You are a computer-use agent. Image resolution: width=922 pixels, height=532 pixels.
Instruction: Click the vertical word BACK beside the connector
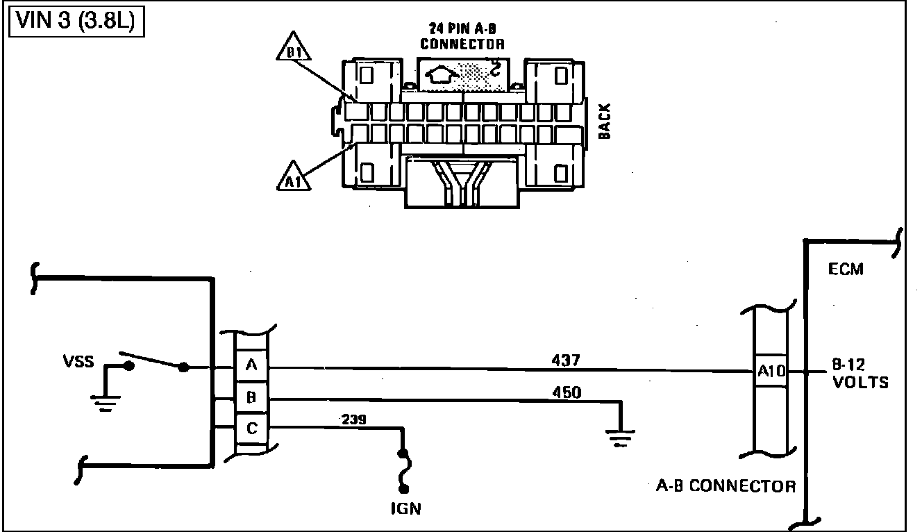pos(605,121)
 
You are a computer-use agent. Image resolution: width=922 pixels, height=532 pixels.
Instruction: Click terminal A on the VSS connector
pos(251,366)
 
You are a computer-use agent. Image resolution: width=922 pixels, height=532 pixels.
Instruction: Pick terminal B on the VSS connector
pos(251,398)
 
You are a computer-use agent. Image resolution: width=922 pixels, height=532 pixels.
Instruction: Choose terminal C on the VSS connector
pos(251,429)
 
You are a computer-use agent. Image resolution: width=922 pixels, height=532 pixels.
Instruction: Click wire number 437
pos(565,360)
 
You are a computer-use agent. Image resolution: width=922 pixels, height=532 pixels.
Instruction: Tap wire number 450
pos(567,392)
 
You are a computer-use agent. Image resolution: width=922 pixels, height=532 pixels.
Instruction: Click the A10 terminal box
pos(771,371)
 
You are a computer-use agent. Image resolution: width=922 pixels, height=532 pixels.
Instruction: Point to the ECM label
pos(846,269)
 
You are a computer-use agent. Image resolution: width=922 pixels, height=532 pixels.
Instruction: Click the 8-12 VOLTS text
pos(859,374)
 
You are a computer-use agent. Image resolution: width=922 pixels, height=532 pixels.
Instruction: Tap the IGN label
pos(405,508)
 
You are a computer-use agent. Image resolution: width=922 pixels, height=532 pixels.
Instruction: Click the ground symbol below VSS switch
pos(106,401)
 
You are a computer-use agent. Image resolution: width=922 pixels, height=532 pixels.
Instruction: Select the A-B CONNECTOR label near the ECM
pos(726,485)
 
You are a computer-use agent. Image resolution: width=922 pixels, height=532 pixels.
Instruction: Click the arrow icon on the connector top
pos(444,73)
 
